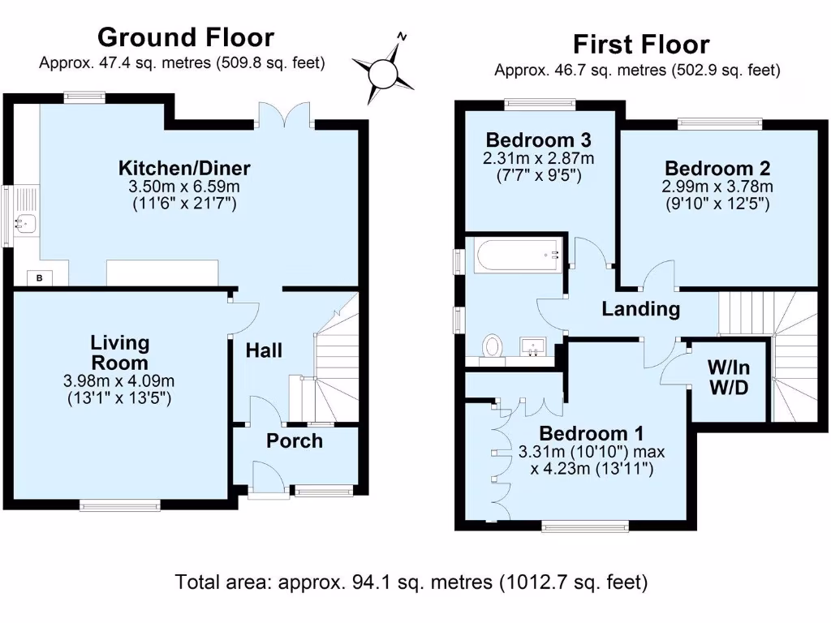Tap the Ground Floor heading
coord(185,37)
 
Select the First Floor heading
coord(640,44)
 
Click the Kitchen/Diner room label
coord(184,169)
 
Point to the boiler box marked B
coord(38,278)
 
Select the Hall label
coord(265,350)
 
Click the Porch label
coord(295,440)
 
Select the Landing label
coord(640,309)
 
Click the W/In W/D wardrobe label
coord(728,378)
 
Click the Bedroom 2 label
coord(717,168)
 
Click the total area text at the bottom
coord(411,582)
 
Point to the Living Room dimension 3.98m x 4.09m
coord(119,381)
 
